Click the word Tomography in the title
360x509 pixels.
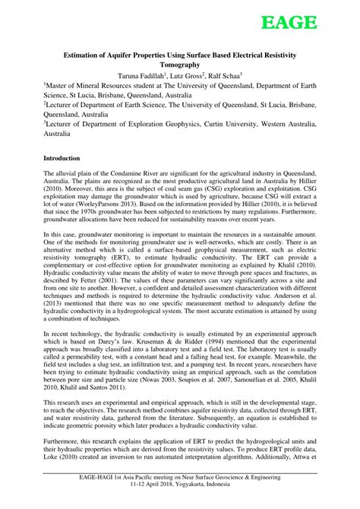179,65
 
